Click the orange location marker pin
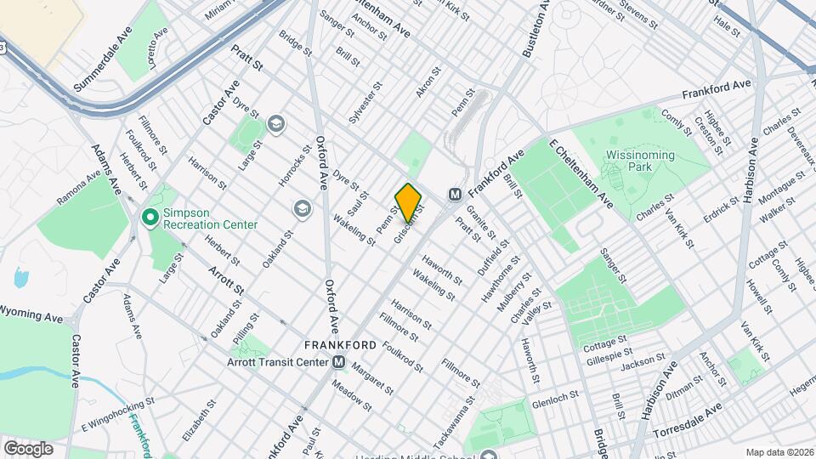click(x=408, y=202)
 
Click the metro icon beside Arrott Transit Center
click(x=339, y=363)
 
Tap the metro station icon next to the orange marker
click(x=455, y=194)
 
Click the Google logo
click(x=28, y=449)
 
